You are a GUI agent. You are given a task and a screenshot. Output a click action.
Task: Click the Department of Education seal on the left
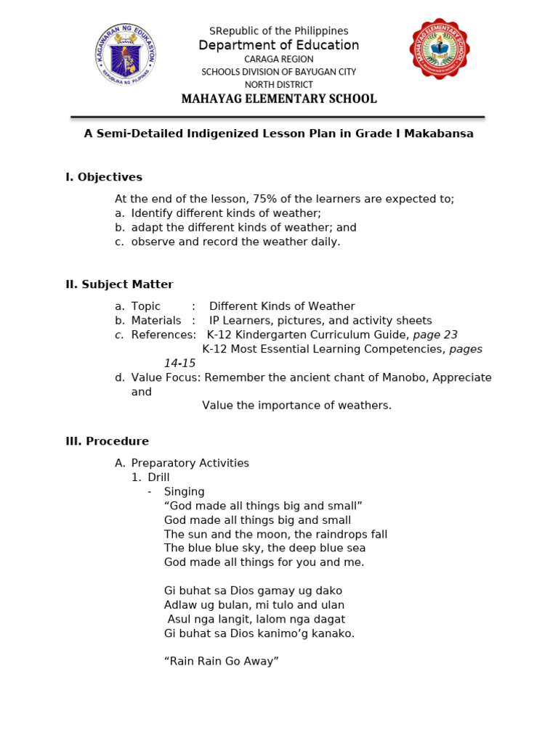pyautogui.click(x=124, y=55)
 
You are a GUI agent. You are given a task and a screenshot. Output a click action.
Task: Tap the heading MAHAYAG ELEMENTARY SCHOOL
pyautogui.click(x=279, y=99)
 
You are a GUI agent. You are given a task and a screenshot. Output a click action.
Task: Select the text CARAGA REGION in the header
pyautogui.click(x=279, y=59)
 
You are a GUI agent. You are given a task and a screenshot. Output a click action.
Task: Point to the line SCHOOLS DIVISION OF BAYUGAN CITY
pyautogui.click(x=279, y=72)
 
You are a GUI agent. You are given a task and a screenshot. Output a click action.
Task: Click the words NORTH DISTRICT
pyautogui.click(x=279, y=85)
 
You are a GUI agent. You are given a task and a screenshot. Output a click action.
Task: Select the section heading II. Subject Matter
pyautogui.click(x=119, y=284)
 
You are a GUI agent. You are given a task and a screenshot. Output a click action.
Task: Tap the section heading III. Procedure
pyautogui.click(x=107, y=441)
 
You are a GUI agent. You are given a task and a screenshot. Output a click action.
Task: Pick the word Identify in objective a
pyautogui.click(x=153, y=213)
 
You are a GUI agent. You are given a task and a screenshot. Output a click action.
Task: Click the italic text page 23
pyautogui.click(x=435, y=334)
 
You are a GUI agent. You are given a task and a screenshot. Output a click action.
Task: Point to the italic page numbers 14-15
pyautogui.click(x=179, y=364)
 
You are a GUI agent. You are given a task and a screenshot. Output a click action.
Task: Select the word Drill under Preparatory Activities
pyautogui.click(x=158, y=477)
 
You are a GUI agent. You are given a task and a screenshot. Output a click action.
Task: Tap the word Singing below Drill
pyautogui.click(x=185, y=491)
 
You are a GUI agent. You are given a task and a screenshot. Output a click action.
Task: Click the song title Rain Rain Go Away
pyautogui.click(x=222, y=661)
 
